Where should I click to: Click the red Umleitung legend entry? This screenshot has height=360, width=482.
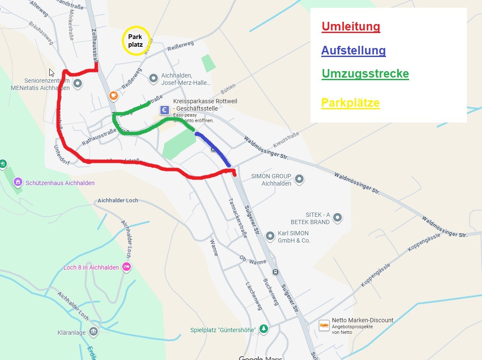(351, 27)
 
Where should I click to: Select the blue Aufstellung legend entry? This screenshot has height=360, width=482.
(353, 51)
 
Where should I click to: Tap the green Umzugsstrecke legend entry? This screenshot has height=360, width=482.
(365, 74)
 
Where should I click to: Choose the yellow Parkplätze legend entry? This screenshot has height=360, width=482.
(350, 103)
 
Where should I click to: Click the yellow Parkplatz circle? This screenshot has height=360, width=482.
(136, 41)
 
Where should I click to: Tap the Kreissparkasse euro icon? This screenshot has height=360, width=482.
(164, 110)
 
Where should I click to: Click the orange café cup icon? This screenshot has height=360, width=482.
(113, 95)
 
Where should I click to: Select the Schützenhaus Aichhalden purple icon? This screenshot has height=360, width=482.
(18, 182)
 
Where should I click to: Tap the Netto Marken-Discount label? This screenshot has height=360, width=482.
(362, 320)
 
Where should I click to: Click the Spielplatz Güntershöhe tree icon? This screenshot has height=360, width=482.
(265, 329)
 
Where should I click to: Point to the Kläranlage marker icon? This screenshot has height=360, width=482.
(93, 332)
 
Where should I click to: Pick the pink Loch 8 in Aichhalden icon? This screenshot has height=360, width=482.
(126, 267)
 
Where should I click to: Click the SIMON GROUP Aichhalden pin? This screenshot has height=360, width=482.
(299, 179)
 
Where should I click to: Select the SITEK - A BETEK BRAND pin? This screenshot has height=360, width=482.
(337, 218)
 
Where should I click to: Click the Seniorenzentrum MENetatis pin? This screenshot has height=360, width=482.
(78, 84)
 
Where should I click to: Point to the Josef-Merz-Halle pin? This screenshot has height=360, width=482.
(154, 78)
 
